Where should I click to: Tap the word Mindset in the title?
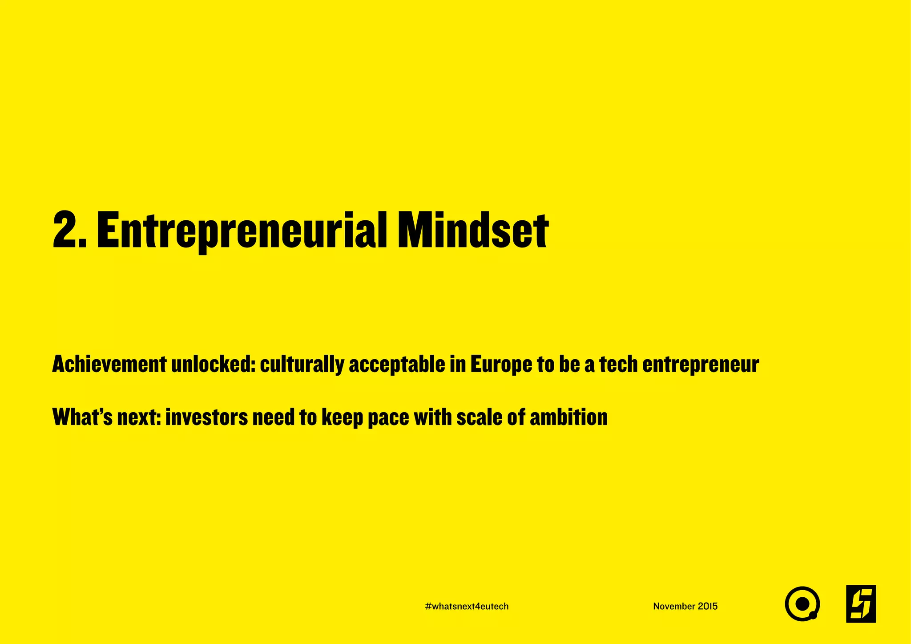(x=473, y=231)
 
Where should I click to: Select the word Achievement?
(x=109, y=365)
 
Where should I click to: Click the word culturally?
(x=302, y=365)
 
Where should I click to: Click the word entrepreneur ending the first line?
(x=701, y=365)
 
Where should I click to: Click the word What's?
(x=82, y=417)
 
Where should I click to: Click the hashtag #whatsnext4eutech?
(x=467, y=606)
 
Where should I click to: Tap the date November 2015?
(x=685, y=606)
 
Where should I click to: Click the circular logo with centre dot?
(x=802, y=604)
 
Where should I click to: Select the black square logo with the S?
(x=861, y=604)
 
